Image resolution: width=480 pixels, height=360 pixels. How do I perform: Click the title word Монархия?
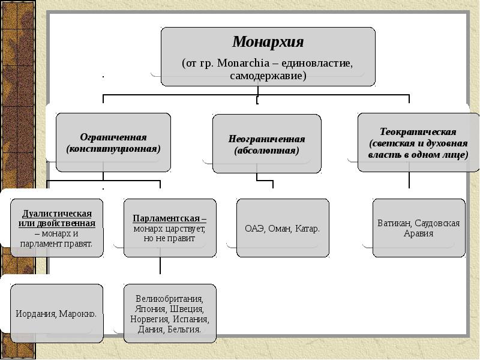pos(268,41)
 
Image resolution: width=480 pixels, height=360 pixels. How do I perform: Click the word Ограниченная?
pos(113,137)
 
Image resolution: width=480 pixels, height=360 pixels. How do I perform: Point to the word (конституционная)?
pos(113,149)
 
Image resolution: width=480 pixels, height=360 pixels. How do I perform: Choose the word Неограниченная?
pos(266,139)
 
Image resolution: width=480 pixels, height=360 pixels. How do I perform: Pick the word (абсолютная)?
pos(266,151)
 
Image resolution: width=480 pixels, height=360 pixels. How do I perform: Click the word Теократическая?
pos(418,131)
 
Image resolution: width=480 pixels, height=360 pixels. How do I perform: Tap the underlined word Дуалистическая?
pos(57,214)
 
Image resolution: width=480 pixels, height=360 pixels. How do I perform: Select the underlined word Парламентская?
pos(166,218)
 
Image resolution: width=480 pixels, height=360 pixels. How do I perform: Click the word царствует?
pos(186,229)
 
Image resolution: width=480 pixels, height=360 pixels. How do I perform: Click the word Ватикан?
pos(395,223)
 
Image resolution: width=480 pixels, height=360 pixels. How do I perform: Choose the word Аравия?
pos(418,233)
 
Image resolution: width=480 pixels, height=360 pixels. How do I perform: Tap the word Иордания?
pos(36,314)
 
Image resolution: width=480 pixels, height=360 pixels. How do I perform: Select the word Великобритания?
pos(170,298)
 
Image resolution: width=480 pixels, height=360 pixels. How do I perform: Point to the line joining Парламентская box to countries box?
pos(160,265)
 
